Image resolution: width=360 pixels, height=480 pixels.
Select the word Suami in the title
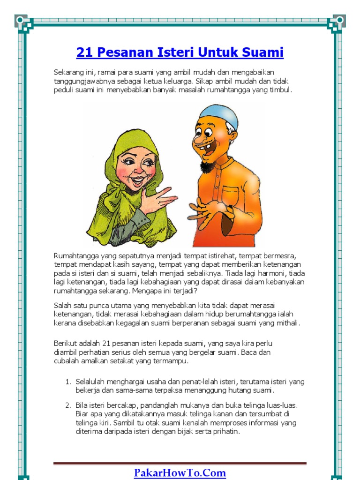coord(263,52)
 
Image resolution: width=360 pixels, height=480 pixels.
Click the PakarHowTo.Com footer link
coord(180,472)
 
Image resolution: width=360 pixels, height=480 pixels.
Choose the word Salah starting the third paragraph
coord(62,305)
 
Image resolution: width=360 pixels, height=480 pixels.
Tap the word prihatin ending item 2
coord(227,432)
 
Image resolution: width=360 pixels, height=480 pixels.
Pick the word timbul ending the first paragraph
coord(281,90)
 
